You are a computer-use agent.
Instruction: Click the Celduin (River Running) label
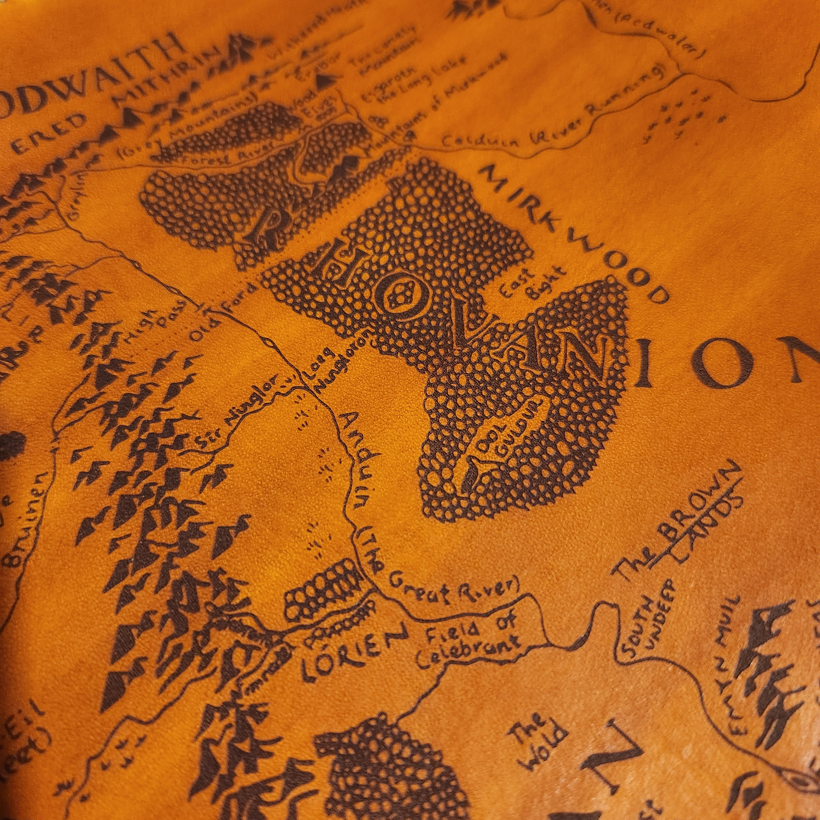tap(552, 117)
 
